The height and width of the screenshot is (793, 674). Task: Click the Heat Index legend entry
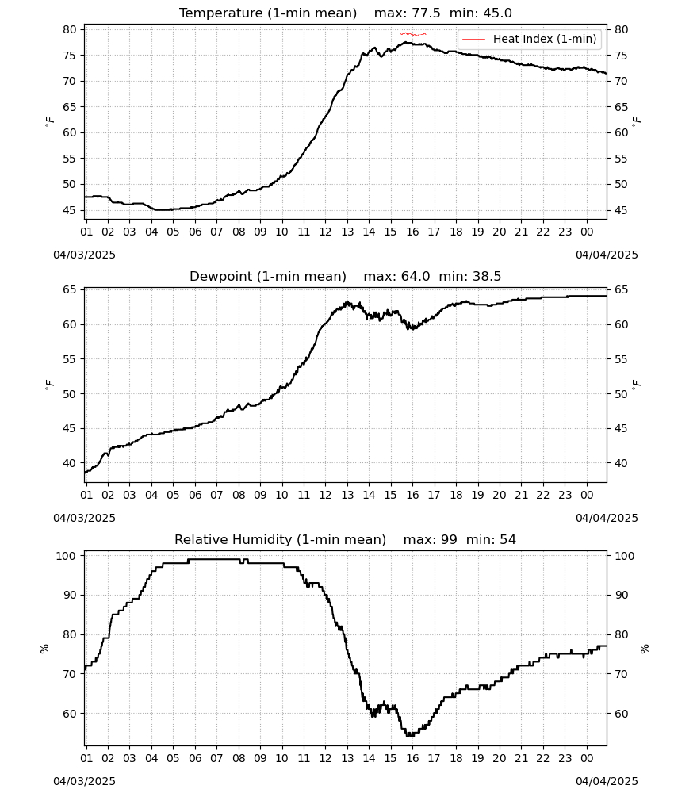click(530, 39)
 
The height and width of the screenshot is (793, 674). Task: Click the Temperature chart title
click(346, 13)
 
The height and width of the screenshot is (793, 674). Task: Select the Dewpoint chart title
click(346, 276)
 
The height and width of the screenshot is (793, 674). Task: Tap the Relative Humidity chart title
click(346, 539)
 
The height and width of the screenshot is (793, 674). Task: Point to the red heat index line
click(413, 34)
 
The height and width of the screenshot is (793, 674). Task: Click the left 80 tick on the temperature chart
click(69, 29)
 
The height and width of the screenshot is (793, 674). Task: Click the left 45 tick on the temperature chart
click(69, 210)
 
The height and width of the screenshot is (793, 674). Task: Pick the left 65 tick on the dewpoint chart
click(69, 289)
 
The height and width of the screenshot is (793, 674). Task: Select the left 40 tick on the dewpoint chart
click(69, 463)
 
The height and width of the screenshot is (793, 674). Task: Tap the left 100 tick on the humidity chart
click(67, 555)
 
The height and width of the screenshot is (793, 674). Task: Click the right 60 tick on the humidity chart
click(622, 714)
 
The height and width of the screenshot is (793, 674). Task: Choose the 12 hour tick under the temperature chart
click(325, 232)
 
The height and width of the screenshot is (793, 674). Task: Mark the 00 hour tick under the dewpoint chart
click(587, 495)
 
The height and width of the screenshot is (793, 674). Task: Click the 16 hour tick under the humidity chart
click(412, 759)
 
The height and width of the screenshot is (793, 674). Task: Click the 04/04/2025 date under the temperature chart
click(607, 255)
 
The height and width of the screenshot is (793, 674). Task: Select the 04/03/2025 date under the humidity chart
click(84, 781)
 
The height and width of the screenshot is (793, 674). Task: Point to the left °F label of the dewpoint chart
click(49, 385)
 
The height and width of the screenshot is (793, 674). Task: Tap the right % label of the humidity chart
click(644, 649)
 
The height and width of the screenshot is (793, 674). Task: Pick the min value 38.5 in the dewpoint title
click(487, 276)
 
